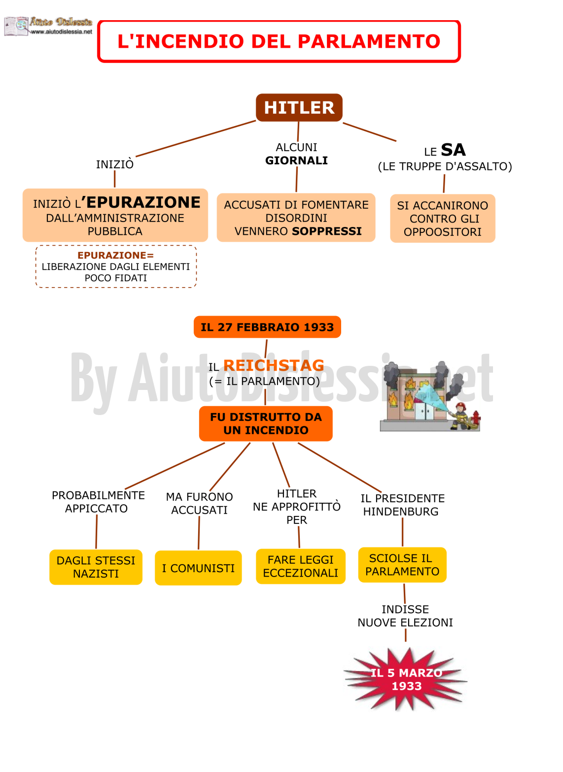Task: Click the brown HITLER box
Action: (x=299, y=107)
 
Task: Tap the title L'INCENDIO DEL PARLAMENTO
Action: (x=279, y=41)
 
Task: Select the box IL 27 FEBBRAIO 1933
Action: (x=267, y=327)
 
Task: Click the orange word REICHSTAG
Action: (x=274, y=365)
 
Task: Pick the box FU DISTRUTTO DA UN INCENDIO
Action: (x=266, y=423)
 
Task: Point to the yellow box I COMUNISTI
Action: (x=198, y=568)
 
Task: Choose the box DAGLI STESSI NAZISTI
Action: (x=96, y=567)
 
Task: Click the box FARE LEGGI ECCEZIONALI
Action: (x=301, y=566)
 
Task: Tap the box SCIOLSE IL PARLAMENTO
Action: (x=402, y=565)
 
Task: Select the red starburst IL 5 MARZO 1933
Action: (x=406, y=679)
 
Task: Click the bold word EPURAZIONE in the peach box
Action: (x=143, y=202)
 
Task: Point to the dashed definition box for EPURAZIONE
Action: (x=116, y=266)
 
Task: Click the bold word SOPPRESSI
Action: (x=327, y=231)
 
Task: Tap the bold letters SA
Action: (x=453, y=150)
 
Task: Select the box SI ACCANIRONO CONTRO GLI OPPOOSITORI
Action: (x=443, y=219)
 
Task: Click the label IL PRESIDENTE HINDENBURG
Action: (x=402, y=505)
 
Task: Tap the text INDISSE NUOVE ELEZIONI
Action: (x=405, y=616)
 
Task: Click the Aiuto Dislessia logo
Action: (x=48, y=26)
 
